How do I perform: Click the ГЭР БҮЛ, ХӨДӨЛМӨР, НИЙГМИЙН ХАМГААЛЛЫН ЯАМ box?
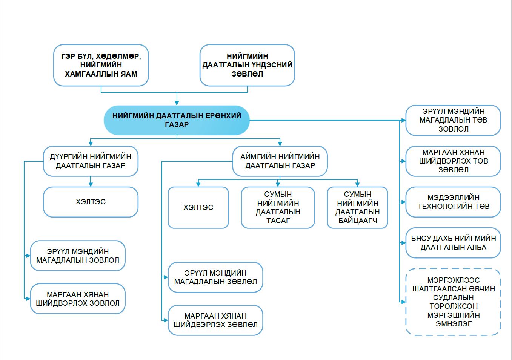click(x=101, y=65)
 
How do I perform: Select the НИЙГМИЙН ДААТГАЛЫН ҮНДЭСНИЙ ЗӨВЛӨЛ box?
click(x=247, y=65)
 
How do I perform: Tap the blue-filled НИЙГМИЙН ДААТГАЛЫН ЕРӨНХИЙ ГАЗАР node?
click(x=177, y=120)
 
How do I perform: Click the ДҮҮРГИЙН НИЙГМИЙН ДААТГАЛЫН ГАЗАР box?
click(x=91, y=161)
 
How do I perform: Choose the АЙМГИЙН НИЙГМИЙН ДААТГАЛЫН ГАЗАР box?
click(x=280, y=161)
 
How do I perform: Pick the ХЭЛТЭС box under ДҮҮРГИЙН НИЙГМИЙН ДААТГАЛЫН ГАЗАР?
click(x=91, y=202)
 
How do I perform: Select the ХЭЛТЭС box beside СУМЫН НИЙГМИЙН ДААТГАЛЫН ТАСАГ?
click(x=198, y=208)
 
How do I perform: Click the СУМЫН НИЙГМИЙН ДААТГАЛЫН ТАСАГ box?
click(x=278, y=208)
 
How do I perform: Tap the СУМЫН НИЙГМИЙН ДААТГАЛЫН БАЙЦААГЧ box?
click(x=357, y=208)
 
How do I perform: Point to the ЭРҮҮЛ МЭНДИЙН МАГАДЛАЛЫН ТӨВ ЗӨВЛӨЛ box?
click(x=453, y=120)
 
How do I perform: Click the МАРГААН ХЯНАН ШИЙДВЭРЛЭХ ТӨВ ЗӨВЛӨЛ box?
click(x=453, y=161)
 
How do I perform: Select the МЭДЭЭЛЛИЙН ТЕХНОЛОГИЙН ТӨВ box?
click(x=453, y=202)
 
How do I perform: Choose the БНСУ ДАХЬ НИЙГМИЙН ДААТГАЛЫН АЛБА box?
click(x=453, y=243)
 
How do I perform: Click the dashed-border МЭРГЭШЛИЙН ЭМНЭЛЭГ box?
click(x=453, y=302)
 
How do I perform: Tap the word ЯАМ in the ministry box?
click(x=129, y=74)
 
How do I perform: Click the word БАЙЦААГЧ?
click(x=357, y=221)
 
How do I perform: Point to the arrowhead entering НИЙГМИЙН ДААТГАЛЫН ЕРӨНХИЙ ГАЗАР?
click(x=177, y=103)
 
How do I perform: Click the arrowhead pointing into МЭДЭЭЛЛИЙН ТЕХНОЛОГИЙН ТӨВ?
click(x=403, y=202)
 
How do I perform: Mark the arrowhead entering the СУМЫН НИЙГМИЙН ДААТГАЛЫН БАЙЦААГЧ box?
click(x=357, y=184)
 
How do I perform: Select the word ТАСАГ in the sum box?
click(x=278, y=221)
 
